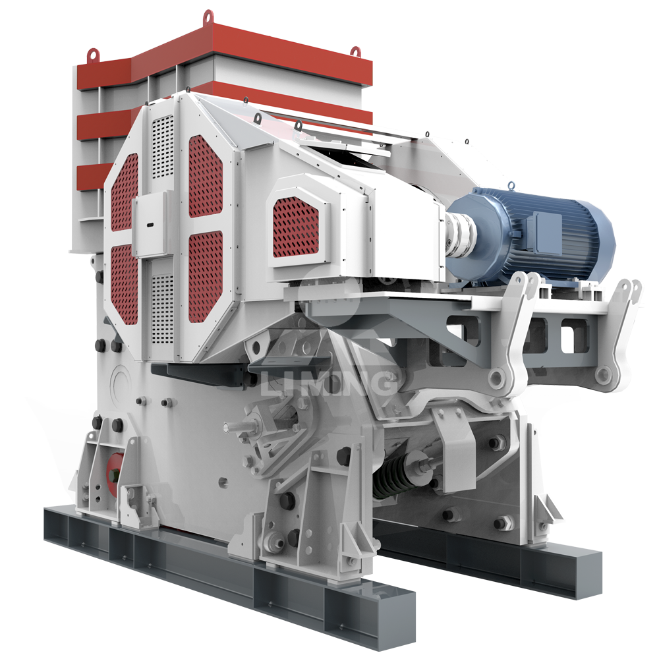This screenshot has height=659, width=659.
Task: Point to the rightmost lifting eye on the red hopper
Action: click(x=355, y=51)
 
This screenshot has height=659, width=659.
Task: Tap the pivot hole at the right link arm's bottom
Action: click(x=602, y=374)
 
